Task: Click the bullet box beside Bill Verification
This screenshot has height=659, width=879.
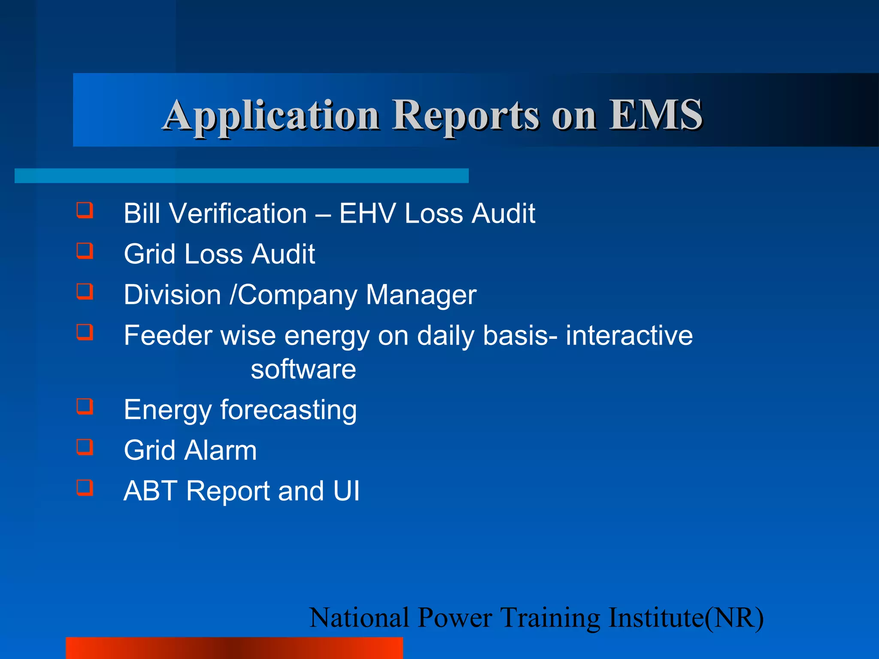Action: click(85, 211)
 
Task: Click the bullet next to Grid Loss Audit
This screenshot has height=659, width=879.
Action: click(85, 251)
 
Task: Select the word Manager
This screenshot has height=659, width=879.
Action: click(421, 296)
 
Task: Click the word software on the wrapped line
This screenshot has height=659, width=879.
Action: click(303, 369)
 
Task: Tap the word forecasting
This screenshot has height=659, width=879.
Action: click(288, 410)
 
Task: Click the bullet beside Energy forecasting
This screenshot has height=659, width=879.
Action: click(85, 406)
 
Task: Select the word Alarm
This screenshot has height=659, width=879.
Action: click(221, 450)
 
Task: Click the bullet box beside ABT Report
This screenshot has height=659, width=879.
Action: click(85, 488)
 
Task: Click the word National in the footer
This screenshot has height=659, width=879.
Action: click(359, 618)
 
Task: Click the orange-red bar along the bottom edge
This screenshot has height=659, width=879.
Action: click(234, 648)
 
